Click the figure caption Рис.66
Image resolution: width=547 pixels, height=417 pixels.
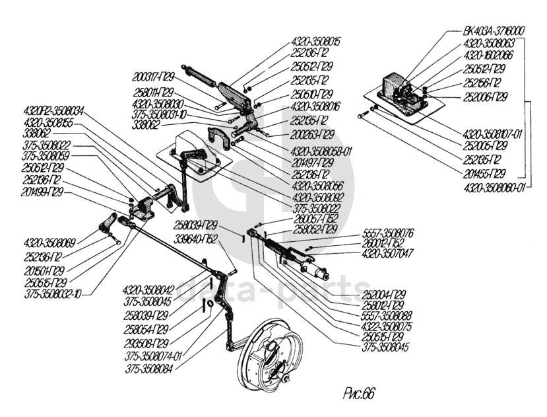click(359, 393)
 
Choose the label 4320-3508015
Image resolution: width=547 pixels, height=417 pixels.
click(315, 41)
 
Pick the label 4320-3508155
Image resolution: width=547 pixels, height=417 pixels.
click(49, 123)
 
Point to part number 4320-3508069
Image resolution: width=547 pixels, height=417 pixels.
click(49, 242)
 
